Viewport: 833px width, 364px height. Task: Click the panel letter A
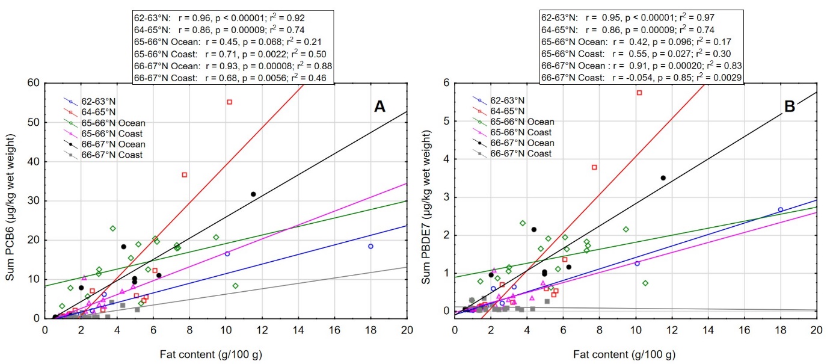click(380, 106)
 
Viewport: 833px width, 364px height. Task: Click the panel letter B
click(789, 106)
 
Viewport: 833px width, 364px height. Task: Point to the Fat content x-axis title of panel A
click(226, 353)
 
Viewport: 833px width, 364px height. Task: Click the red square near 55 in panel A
click(229, 102)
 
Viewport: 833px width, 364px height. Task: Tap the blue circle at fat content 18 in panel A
click(370, 246)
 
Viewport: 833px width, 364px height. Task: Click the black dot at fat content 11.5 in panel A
click(253, 194)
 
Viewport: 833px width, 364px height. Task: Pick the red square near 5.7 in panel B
click(639, 93)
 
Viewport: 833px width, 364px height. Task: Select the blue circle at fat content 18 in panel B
click(781, 209)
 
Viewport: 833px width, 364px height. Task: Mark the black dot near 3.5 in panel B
click(663, 177)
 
